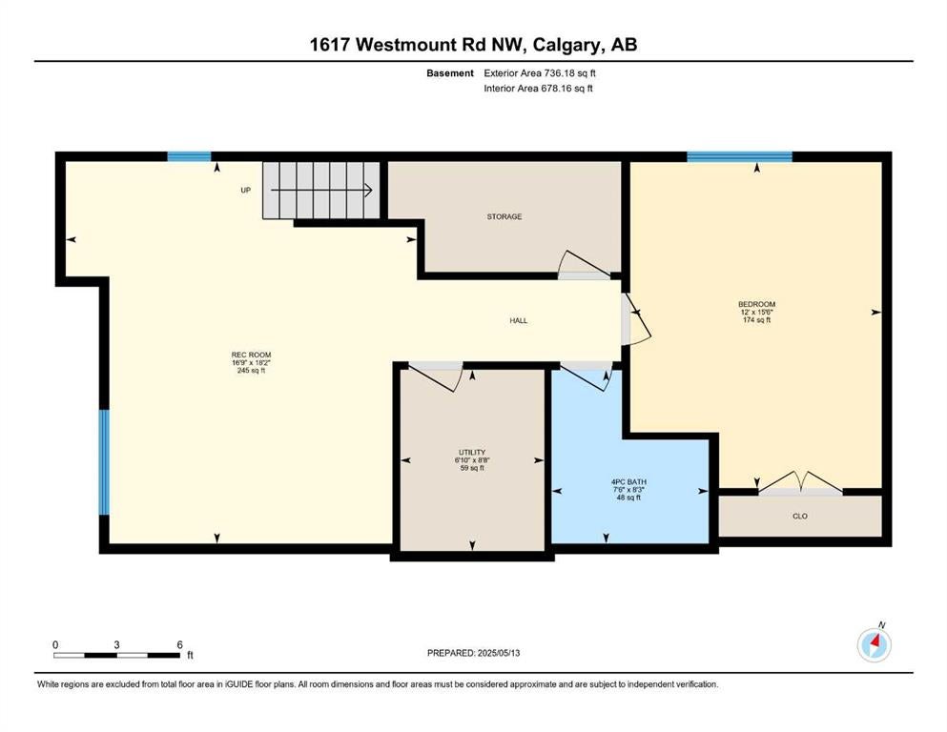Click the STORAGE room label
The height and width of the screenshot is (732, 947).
click(x=504, y=216)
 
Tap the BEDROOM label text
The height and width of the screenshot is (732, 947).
click(x=757, y=304)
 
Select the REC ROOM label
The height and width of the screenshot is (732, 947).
click(x=251, y=355)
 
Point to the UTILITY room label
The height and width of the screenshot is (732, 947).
click(x=472, y=452)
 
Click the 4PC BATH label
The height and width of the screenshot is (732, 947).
click(x=628, y=481)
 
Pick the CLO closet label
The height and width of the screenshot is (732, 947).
click(x=799, y=516)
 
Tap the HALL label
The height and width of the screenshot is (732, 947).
click(x=518, y=320)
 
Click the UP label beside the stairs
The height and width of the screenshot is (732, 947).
click(x=246, y=190)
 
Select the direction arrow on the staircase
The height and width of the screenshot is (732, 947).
click(x=320, y=190)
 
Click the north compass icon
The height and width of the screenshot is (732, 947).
click(x=874, y=645)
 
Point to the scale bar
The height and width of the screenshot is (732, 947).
click(x=116, y=655)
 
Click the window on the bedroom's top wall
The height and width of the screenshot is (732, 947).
click(x=739, y=157)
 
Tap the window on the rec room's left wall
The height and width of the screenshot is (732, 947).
click(x=104, y=462)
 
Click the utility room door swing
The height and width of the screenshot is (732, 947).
click(x=438, y=376)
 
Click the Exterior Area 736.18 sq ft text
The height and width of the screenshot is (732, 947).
click(x=540, y=73)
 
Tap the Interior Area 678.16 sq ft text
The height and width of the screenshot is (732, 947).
click(x=538, y=88)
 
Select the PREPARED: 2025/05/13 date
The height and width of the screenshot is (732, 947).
click(x=473, y=653)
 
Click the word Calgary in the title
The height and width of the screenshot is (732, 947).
click(x=567, y=45)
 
